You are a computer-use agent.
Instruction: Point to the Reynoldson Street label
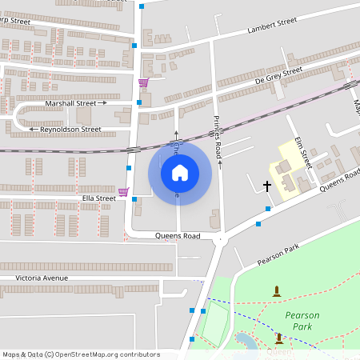coord(70,129)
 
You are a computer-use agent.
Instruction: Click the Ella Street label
coord(98,198)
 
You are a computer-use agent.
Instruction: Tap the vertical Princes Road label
coord(217,133)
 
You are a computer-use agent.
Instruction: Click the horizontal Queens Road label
coord(178,236)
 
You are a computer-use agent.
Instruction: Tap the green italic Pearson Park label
coord(302,321)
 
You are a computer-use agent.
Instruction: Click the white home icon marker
coord(180,172)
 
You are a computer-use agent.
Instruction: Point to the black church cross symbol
coord(267,186)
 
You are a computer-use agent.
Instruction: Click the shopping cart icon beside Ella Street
coord(123,192)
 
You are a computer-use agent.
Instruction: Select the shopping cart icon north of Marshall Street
coord(143,82)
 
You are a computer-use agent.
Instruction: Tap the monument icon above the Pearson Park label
coord(277,291)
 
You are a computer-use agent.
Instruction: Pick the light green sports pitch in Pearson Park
coord(215,323)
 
